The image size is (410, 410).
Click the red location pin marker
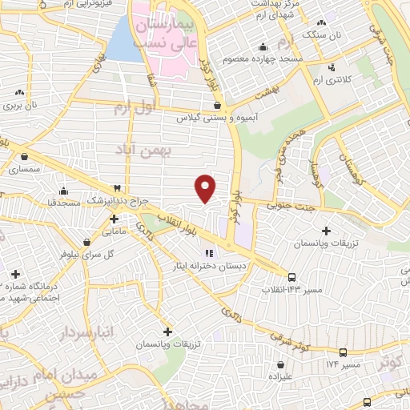[206, 187]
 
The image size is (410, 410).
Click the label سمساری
[24, 170]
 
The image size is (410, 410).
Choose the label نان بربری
[21, 105]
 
